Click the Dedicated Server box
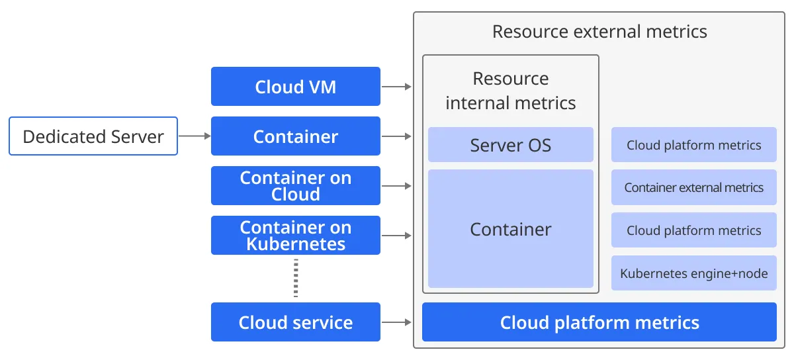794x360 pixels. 93,136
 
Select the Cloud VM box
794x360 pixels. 296,87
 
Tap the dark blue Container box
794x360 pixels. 296,136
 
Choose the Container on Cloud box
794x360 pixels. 296,185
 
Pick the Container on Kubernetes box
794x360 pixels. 296,235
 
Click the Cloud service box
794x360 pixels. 296,322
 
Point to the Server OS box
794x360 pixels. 510,145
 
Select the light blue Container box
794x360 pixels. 510,229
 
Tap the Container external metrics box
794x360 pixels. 693,187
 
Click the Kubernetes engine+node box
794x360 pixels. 693,273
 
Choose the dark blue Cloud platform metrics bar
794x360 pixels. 599,322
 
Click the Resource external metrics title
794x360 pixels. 599,32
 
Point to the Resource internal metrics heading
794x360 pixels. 510,91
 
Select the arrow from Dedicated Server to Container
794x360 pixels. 195,136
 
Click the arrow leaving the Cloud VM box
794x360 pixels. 396,87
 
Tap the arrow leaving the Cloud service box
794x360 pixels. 396,322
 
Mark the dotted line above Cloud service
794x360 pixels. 296,278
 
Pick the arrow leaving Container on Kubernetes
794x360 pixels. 396,235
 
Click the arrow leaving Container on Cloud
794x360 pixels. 396,185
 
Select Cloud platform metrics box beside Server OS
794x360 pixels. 693,145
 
